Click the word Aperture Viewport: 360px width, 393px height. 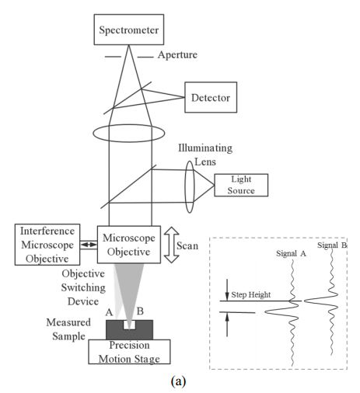click(x=177, y=55)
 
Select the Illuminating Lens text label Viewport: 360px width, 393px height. click(x=205, y=155)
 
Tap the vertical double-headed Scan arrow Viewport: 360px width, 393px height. click(x=171, y=245)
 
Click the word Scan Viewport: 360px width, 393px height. click(x=187, y=245)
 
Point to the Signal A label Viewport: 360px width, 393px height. click(x=291, y=253)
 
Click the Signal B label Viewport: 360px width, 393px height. click(x=332, y=245)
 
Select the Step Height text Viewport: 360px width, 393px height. click(x=251, y=294)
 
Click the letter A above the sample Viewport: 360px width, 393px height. click(x=109, y=312)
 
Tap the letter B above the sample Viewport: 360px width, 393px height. click(x=140, y=311)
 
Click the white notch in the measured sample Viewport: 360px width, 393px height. click(x=129, y=325)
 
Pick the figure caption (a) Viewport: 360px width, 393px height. click(x=178, y=381)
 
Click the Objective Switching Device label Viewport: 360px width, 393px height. click(x=83, y=287)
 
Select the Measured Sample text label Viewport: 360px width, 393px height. click(x=68, y=329)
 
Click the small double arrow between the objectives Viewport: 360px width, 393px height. click(x=89, y=245)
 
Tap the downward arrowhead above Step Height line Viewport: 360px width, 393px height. click(x=227, y=296)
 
